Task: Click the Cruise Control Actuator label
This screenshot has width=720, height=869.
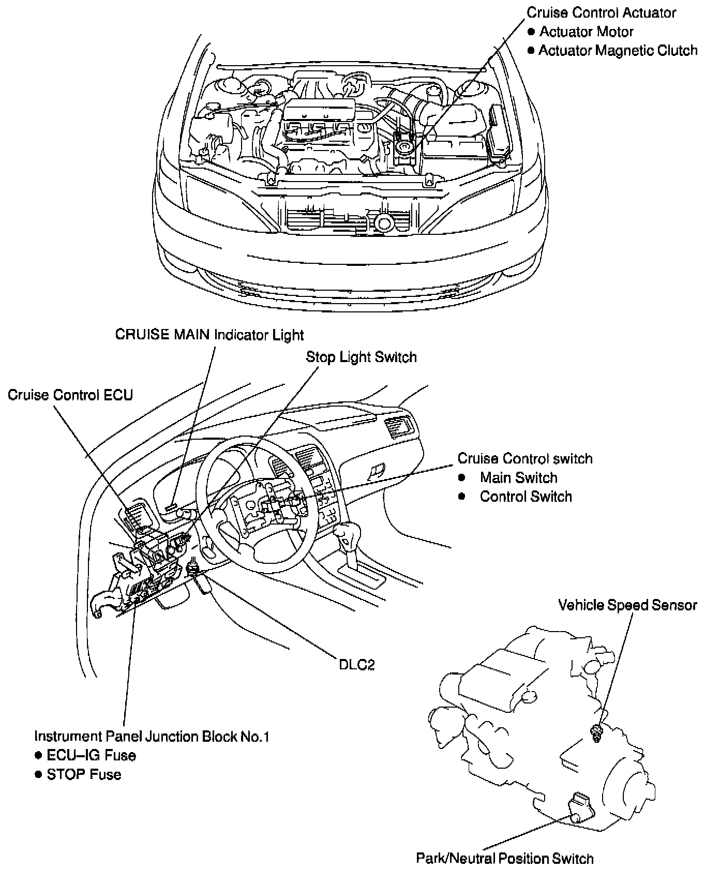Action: coord(601,13)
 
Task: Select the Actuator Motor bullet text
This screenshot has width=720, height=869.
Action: coord(586,32)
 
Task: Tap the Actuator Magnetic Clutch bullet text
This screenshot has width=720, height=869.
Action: coord(618,51)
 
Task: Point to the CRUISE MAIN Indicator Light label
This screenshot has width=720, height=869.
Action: coord(209,335)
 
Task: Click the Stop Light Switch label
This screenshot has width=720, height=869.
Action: coord(361,357)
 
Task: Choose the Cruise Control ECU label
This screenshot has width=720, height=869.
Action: coord(70,395)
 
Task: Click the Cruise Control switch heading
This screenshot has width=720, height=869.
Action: coord(525,459)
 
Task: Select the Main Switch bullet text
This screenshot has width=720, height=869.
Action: coord(518,478)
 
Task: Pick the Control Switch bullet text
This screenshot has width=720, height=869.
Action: coord(526,497)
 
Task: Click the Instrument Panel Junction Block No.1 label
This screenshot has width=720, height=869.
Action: coord(152,737)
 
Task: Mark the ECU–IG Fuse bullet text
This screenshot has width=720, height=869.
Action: coord(91,756)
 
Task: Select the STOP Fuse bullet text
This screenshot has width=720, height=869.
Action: coord(84,775)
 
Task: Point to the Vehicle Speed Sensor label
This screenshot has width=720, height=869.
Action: coord(627,605)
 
